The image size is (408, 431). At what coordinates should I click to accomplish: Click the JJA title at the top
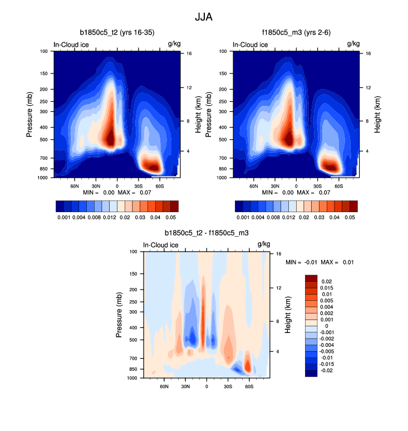pos(204,17)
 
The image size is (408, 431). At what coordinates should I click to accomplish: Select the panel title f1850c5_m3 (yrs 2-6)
pos(297,33)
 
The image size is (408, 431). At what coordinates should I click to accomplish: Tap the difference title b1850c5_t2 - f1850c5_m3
pos(206,232)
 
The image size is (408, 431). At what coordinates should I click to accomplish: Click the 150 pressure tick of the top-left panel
pos(45,74)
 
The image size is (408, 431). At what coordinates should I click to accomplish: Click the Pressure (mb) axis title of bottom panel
pos(119,315)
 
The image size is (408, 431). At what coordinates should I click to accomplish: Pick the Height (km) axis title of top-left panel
pos(198,115)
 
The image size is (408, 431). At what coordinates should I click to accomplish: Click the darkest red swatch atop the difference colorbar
pos(311,277)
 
